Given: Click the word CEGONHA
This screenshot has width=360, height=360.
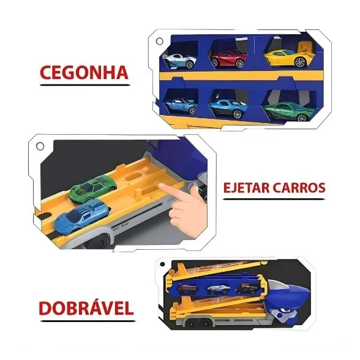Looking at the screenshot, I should pyautogui.click(x=84, y=72).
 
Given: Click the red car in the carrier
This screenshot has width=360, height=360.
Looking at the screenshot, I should pyautogui.click(x=228, y=58).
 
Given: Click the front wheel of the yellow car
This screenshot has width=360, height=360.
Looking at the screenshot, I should pyautogui.click(x=301, y=62).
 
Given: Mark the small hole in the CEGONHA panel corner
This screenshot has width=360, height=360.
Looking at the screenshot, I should pyautogui.click(x=160, y=41).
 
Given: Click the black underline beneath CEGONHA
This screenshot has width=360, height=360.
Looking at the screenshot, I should pyautogui.click(x=84, y=84).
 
